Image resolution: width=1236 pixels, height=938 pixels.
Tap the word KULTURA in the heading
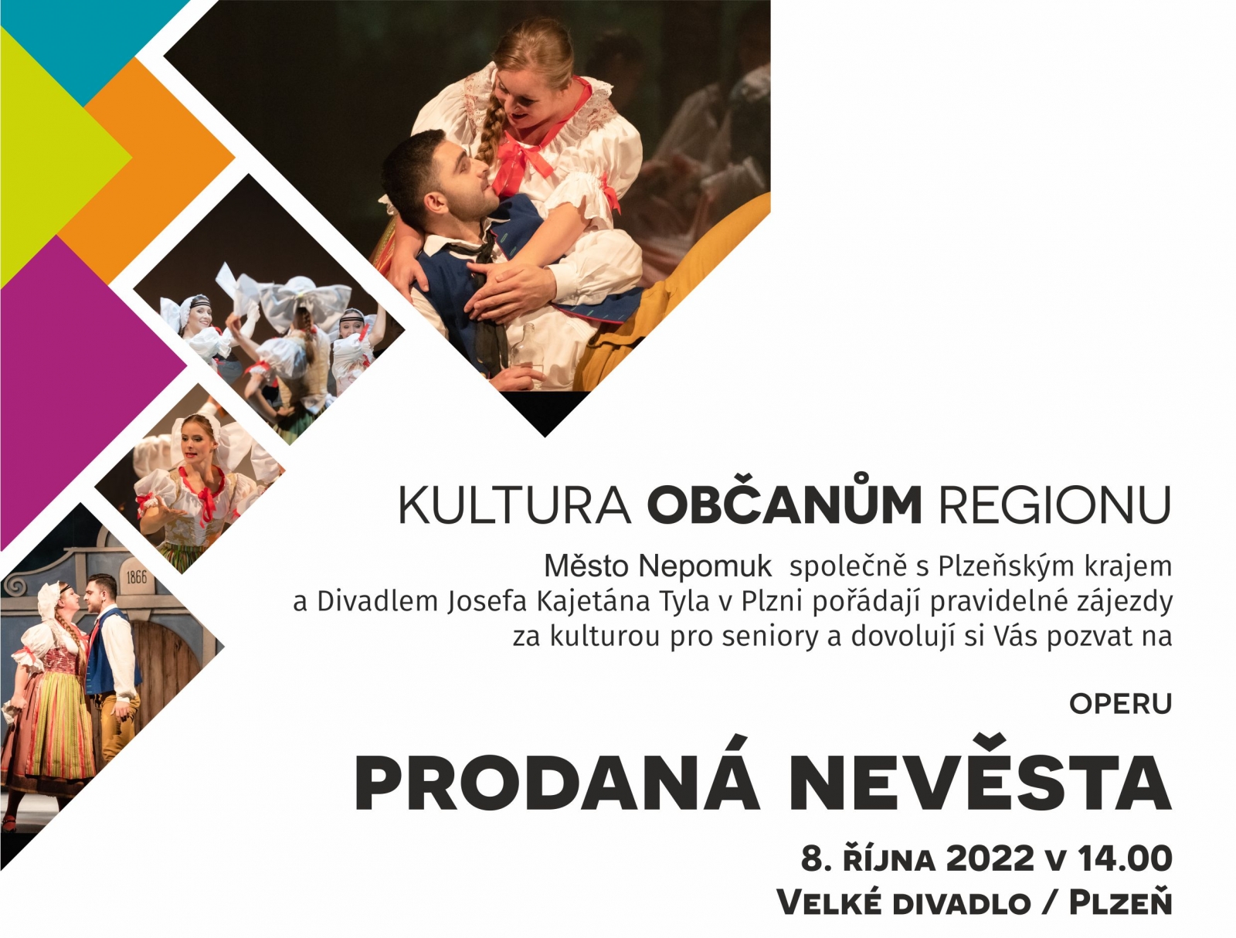514,505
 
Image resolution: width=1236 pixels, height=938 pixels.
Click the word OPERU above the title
1121,704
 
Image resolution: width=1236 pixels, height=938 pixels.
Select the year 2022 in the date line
990,858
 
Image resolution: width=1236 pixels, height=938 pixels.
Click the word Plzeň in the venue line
1120,902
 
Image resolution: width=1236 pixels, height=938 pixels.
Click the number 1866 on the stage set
136,576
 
